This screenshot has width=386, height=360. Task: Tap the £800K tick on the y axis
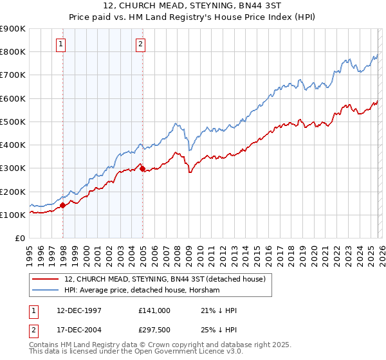(x=13, y=52)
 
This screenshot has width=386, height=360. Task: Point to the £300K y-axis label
(x=13, y=168)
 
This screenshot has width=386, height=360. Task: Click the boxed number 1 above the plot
(x=60, y=44)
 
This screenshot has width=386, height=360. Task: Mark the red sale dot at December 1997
(x=63, y=206)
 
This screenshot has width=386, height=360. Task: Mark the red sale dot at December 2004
(x=142, y=169)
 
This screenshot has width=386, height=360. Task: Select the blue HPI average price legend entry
(x=142, y=291)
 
